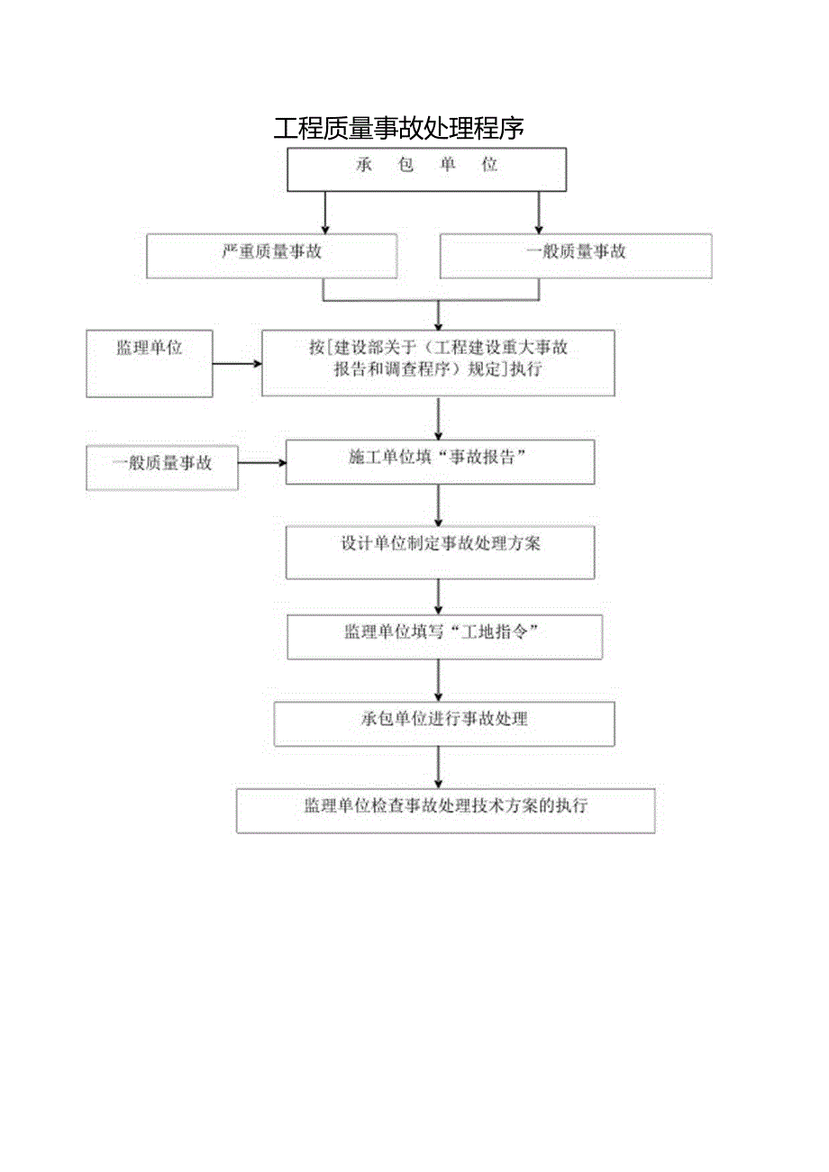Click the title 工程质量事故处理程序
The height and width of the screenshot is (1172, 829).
[398, 129]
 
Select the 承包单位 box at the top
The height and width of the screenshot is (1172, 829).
[426, 169]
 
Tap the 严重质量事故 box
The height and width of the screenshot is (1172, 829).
[271, 256]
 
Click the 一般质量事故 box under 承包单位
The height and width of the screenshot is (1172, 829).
[575, 256]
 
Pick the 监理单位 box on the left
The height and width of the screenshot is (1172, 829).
[150, 363]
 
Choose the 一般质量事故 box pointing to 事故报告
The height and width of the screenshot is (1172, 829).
[162, 467]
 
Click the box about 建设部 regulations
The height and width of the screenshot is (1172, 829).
[438, 362]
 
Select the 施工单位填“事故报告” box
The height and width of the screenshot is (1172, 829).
[440, 462]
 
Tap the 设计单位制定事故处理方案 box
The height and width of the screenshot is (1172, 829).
[440, 552]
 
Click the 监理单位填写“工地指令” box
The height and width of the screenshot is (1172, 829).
[444, 637]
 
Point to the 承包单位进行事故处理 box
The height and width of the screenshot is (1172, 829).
[444, 723]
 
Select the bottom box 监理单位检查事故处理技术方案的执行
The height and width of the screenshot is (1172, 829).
[445, 811]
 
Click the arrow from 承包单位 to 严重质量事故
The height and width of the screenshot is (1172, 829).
[324, 213]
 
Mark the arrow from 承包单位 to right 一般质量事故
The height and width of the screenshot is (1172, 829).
[539, 213]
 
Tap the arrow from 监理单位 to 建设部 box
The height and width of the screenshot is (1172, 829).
[237, 364]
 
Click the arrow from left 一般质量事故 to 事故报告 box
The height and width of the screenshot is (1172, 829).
[262, 463]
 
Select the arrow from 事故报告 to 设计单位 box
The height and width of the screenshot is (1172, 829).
[439, 505]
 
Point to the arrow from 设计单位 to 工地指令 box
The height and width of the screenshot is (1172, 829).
[439, 596]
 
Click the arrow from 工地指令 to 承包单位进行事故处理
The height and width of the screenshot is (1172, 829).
[439, 680]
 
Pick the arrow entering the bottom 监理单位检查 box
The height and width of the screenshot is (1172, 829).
[439, 767]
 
